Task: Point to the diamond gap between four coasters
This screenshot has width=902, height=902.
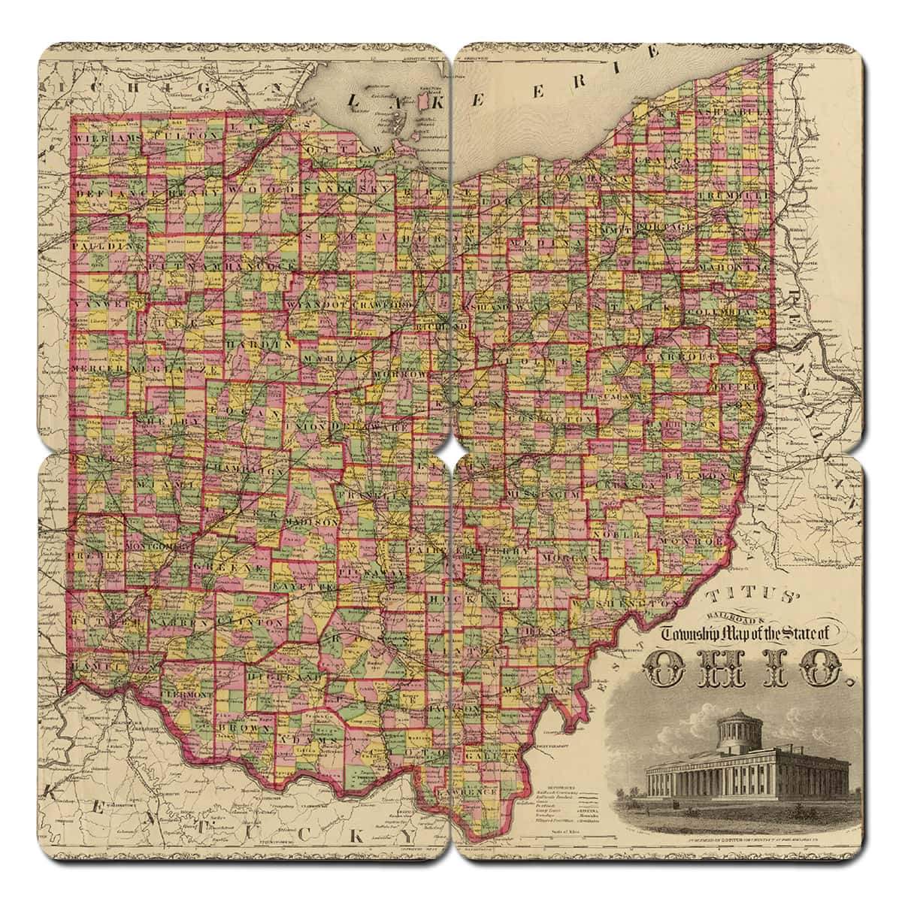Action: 451,451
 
